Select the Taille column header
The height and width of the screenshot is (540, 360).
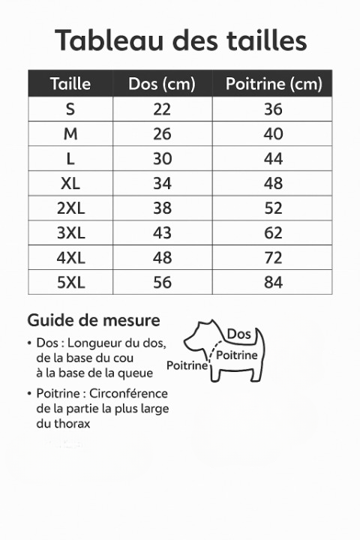(x=70, y=84)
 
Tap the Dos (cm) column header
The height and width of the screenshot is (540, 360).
(x=162, y=84)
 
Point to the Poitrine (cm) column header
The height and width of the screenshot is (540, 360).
(x=273, y=84)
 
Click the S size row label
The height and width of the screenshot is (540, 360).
(x=70, y=109)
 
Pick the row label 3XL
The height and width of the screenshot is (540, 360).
(x=70, y=232)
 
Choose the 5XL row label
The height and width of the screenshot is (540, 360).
(x=70, y=282)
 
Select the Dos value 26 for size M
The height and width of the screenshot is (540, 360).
(x=162, y=133)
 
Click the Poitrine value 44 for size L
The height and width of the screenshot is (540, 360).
(x=273, y=158)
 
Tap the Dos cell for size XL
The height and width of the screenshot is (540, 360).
(x=162, y=183)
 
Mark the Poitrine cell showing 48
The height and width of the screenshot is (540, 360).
(x=273, y=183)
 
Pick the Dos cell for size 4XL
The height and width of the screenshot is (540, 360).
(x=162, y=257)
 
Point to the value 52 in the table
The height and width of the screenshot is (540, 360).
(x=273, y=208)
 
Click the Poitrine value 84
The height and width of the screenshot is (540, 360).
(x=273, y=282)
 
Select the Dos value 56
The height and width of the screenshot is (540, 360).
(x=162, y=282)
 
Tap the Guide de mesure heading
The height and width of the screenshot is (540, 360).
(x=94, y=320)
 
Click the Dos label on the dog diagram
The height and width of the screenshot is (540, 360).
(x=238, y=334)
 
